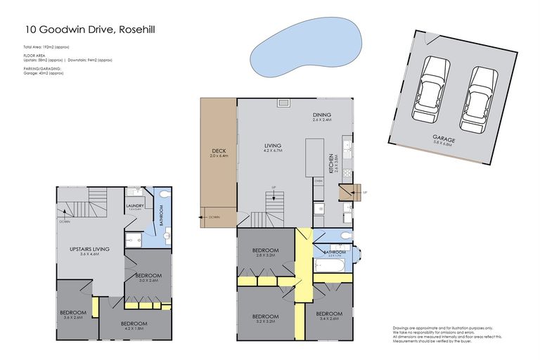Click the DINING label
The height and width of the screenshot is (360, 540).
[321, 115]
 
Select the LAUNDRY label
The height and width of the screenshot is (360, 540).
[135, 206]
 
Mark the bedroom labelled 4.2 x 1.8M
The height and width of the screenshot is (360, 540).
[134, 325]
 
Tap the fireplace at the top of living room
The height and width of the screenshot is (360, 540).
[283, 103]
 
